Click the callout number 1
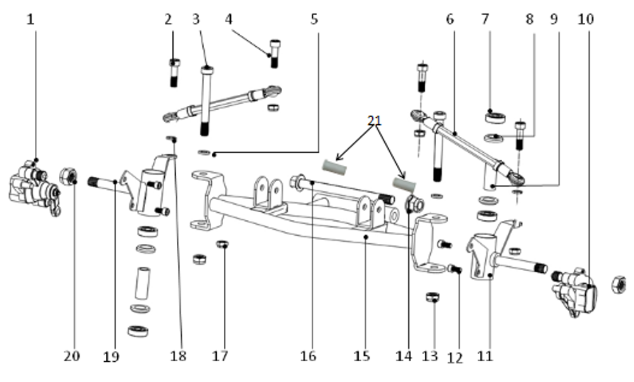30,19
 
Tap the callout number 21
375,120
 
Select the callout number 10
586,19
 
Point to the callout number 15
362,356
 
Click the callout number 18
178,356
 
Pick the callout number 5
314,19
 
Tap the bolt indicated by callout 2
174,73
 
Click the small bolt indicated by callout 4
275,53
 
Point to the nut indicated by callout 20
68,177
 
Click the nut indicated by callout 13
432,297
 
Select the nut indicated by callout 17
222,245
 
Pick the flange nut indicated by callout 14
415,203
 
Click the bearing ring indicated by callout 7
495,118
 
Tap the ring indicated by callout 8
494,138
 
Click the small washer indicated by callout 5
204,152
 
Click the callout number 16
307,356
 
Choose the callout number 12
455,358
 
